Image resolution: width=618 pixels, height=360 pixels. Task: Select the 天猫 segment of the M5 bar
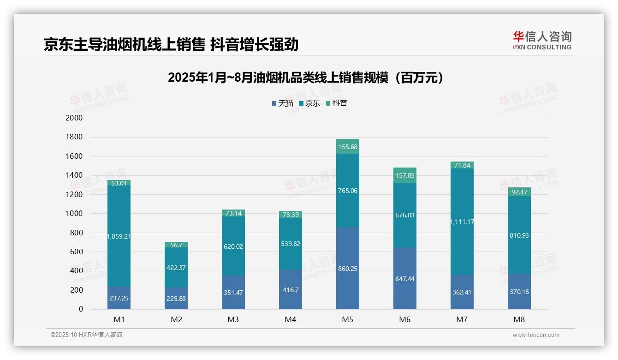pos(348,268)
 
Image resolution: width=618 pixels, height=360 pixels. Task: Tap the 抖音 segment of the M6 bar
pos(405,175)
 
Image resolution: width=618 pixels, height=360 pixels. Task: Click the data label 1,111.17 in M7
pos(462,222)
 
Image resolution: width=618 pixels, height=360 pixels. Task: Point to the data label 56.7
pos(176,245)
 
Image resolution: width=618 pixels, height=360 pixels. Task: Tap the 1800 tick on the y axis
pos(74,137)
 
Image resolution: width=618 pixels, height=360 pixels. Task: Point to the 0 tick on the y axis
pos(80,309)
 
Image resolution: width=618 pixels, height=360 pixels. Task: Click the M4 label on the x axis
pos(291,320)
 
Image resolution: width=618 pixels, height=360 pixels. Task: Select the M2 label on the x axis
pos(176,320)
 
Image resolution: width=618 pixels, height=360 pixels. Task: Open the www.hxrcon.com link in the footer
pos(536,335)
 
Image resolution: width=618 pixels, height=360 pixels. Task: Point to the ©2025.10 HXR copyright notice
pos(86,335)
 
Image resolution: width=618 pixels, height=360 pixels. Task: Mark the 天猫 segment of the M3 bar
pos(233,292)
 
